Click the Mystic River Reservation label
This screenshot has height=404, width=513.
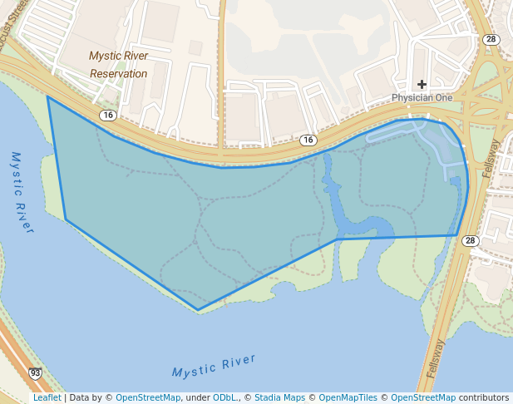(118, 65)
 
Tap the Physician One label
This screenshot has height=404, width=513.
(422, 97)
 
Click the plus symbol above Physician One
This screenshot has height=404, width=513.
(422, 84)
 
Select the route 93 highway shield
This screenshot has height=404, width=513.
(35, 373)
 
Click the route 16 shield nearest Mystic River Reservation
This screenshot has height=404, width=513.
(108, 115)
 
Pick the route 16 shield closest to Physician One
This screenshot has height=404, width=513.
(308, 140)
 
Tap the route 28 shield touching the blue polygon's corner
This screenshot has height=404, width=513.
(471, 240)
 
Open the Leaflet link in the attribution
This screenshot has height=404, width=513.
(47, 397)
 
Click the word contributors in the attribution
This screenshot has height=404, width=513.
(484, 397)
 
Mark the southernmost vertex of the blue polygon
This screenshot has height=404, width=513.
(198, 310)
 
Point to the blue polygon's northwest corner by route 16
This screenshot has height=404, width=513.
(47, 96)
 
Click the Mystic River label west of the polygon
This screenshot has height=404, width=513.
(21, 191)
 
